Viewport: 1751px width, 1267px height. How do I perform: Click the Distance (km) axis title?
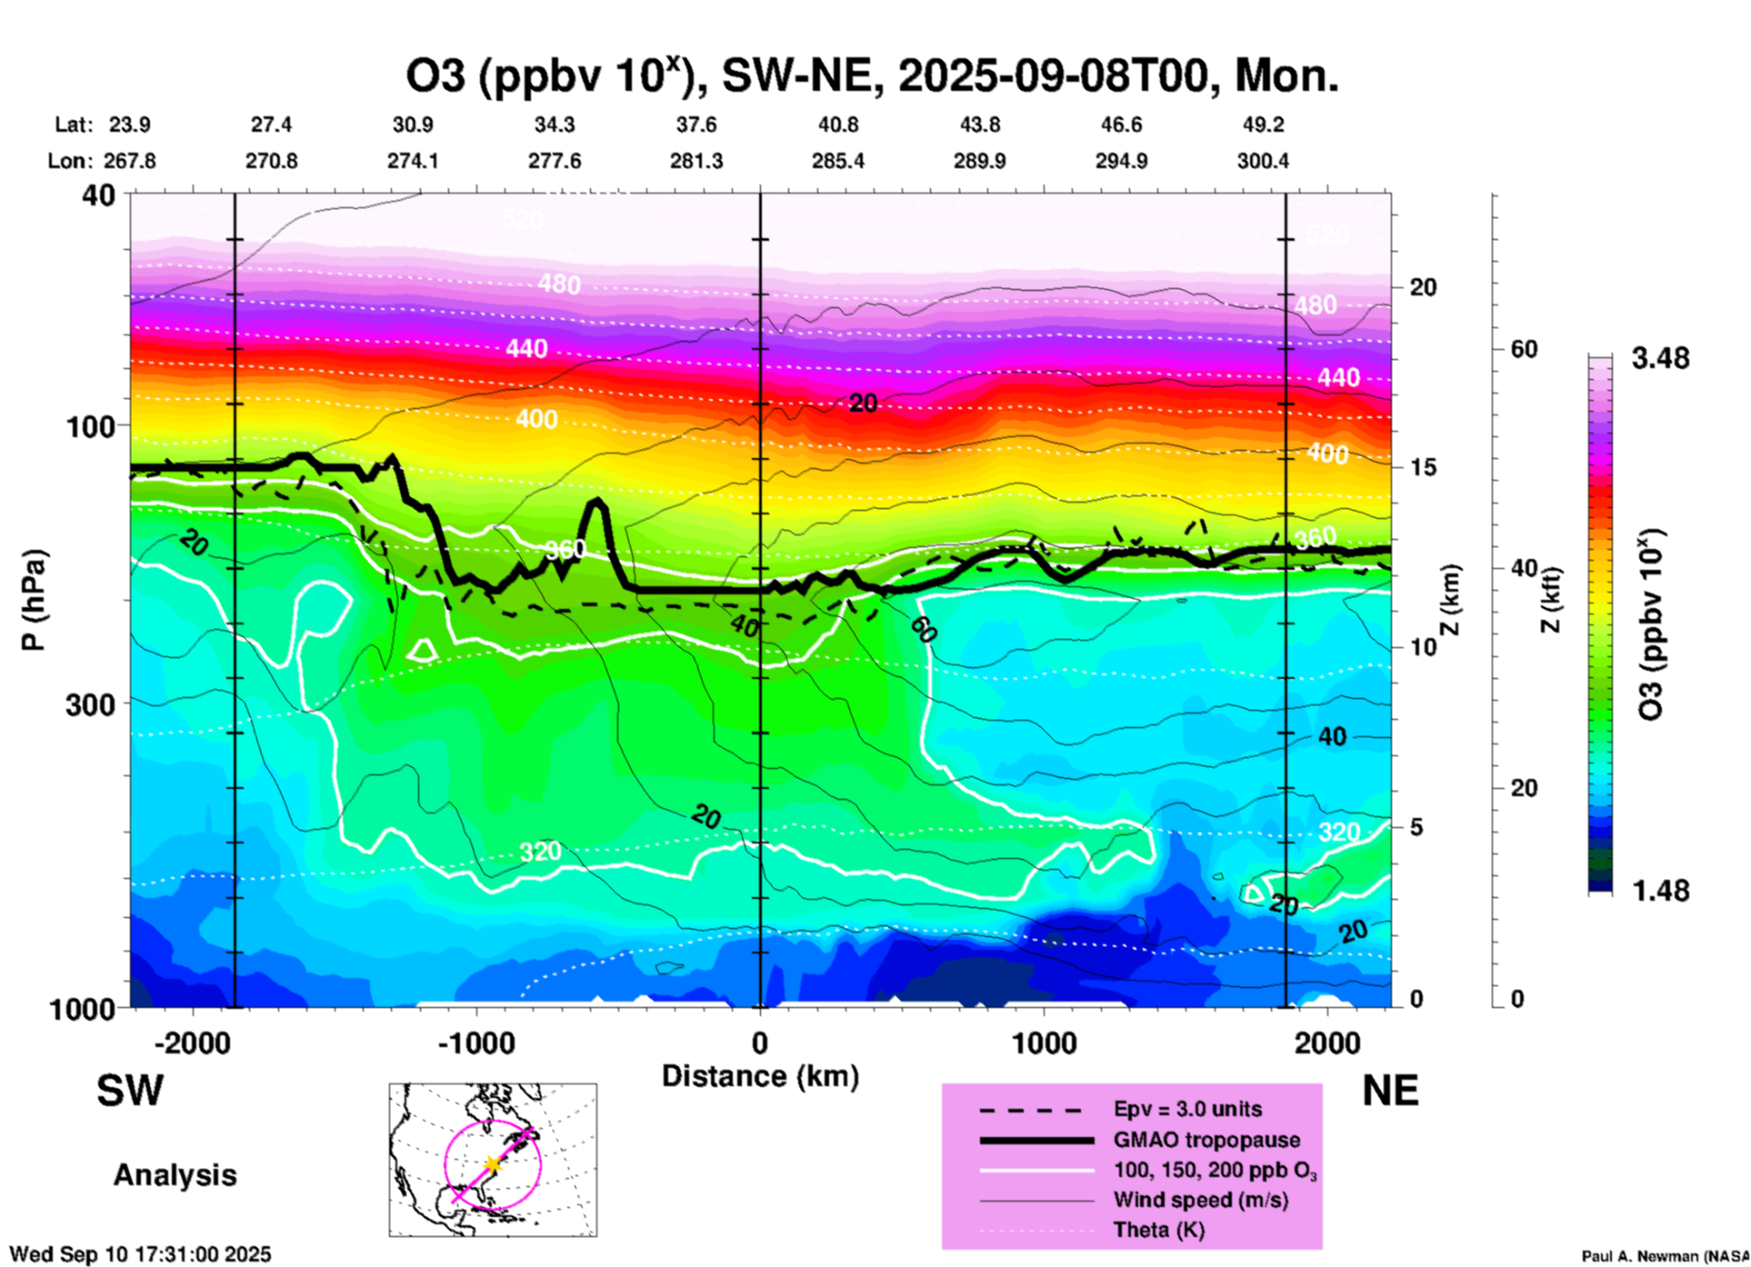(760, 1076)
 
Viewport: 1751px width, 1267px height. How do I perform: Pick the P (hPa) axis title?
(33, 600)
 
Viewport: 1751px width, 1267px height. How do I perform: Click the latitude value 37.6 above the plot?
(696, 125)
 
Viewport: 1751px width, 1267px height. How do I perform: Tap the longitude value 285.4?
(838, 161)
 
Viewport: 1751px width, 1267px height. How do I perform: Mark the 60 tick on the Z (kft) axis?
(1525, 350)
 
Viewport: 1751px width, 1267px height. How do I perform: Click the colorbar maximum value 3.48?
(1660, 359)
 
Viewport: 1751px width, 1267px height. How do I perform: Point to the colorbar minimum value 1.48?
(1660, 891)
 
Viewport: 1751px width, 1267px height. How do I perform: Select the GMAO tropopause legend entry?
(1206, 1140)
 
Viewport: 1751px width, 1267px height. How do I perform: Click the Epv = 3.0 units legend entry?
(1187, 1110)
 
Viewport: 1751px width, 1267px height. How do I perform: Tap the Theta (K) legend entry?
(1158, 1230)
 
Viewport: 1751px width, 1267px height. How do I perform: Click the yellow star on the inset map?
(492, 1164)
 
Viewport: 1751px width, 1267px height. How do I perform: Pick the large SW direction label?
(130, 1091)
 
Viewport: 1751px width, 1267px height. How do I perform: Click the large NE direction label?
(1390, 1091)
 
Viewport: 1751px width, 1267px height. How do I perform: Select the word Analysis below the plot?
(175, 1175)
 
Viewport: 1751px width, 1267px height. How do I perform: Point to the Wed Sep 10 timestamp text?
(140, 1254)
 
